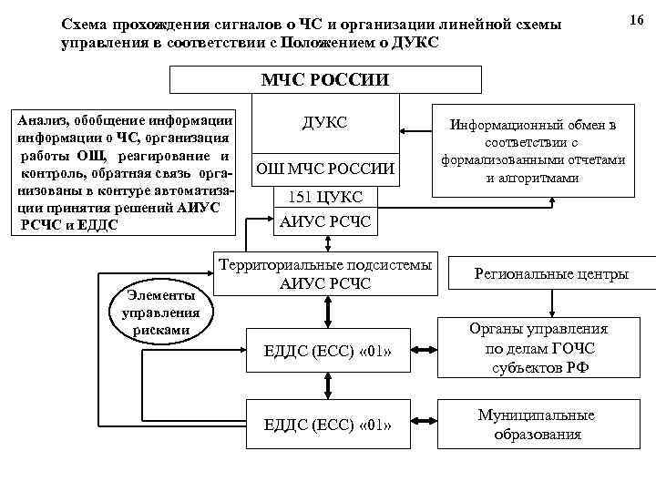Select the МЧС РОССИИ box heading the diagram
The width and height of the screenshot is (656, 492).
325,79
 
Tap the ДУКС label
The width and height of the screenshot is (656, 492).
324,122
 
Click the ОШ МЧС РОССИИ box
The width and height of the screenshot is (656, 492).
324,169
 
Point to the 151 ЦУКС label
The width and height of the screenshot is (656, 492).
325,197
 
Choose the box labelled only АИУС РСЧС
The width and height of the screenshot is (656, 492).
325,221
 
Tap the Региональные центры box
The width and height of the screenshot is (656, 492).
550,273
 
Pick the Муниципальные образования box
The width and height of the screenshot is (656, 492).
538,424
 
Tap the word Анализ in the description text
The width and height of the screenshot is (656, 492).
35,118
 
